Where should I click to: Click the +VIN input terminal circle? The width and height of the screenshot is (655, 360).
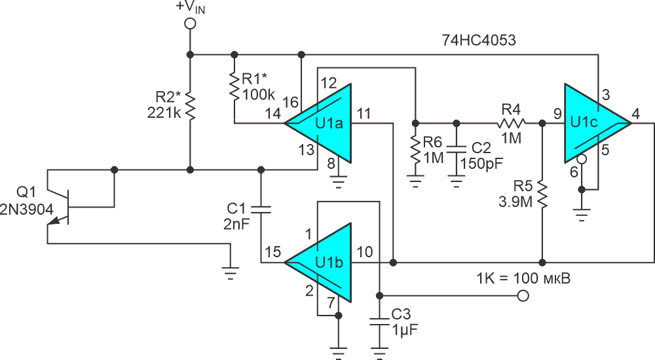[x=190, y=24]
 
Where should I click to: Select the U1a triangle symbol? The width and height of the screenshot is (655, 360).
[x=318, y=123]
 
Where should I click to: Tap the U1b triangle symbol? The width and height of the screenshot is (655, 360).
[x=318, y=262]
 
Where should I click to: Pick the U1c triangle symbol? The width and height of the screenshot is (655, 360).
[x=598, y=123]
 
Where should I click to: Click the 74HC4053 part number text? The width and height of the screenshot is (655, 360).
[x=479, y=40]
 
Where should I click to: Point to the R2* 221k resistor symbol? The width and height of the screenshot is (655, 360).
[x=190, y=107]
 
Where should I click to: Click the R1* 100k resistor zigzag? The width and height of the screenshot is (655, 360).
[x=234, y=86]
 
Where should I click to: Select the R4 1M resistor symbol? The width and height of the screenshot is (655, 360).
[x=511, y=123]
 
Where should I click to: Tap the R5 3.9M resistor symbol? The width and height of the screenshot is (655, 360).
[x=542, y=194]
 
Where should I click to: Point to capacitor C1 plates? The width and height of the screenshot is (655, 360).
[x=261, y=209]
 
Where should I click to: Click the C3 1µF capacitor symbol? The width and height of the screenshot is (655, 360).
[x=379, y=323]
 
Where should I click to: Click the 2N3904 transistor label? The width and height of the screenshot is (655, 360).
[x=26, y=209]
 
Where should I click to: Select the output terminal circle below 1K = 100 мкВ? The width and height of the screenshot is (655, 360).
[x=523, y=296]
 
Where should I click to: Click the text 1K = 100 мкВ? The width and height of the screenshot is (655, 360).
[x=523, y=278]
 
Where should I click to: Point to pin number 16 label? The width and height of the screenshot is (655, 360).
[x=290, y=102]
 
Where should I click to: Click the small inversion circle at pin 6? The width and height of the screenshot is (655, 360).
[x=581, y=159]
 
